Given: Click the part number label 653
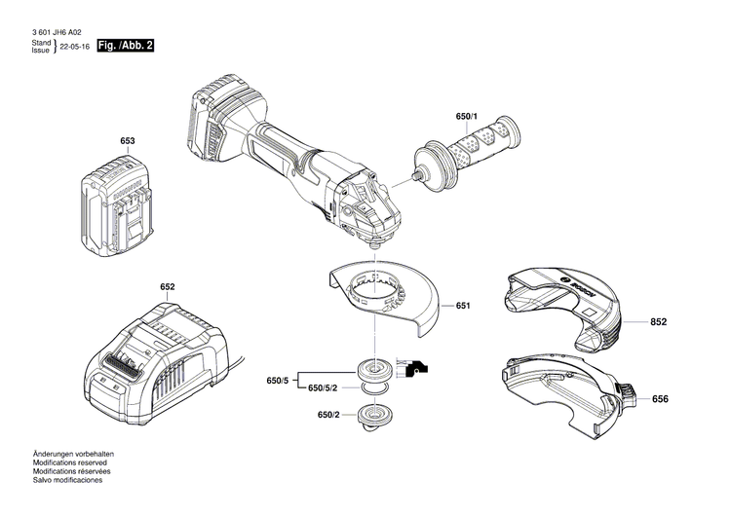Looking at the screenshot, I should pyautogui.click(x=127, y=141).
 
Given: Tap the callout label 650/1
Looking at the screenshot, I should pyautogui.click(x=467, y=117).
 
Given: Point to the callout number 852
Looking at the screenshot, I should pyautogui.click(x=661, y=321).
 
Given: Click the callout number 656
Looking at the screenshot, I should pyautogui.click(x=661, y=398).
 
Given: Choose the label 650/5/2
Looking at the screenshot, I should pyautogui.click(x=324, y=388).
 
